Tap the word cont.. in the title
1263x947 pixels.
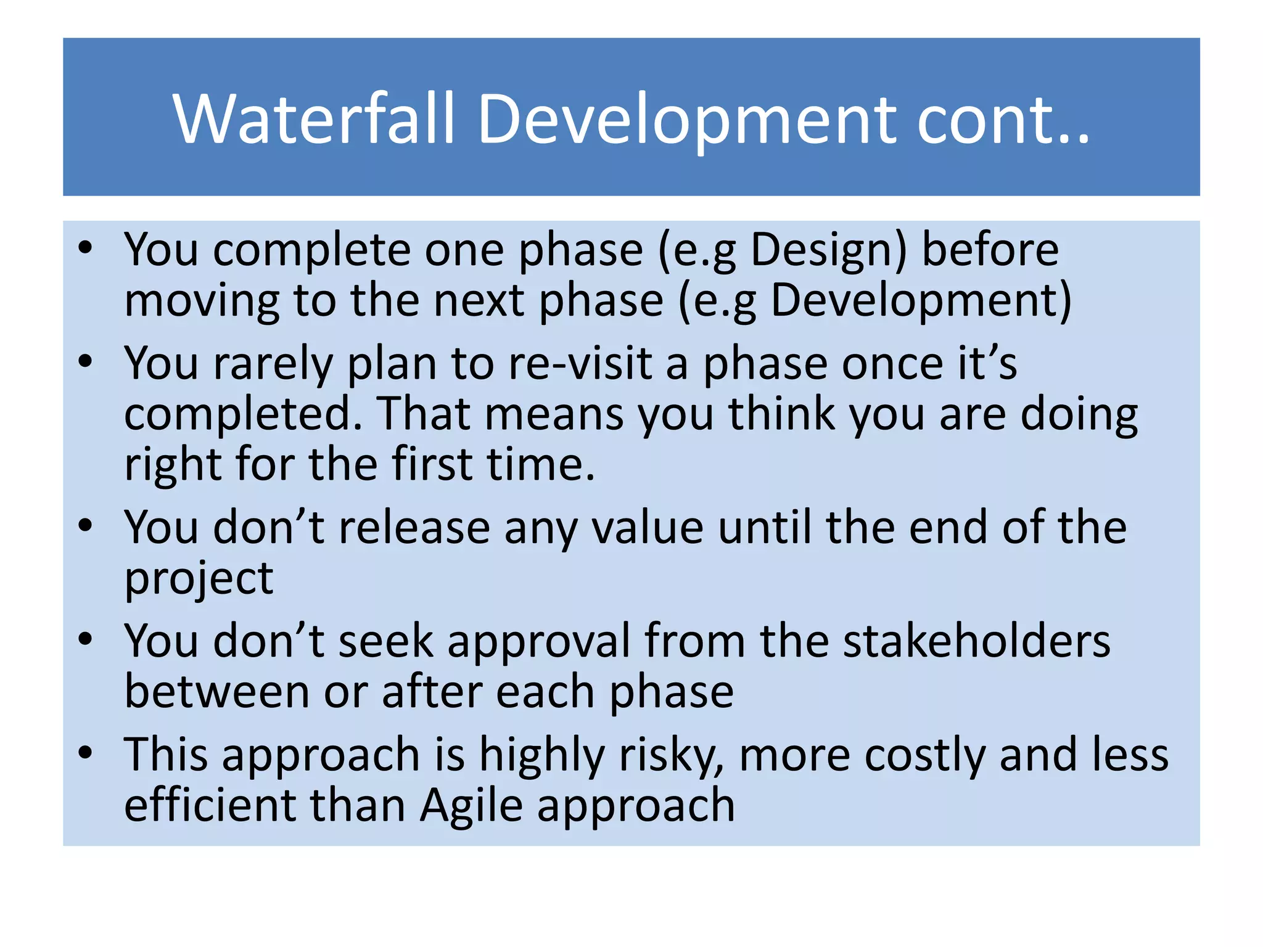[1003, 118]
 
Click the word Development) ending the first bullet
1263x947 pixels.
[921, 301]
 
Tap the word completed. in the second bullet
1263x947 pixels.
[243, 414]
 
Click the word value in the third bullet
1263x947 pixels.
[648, 528]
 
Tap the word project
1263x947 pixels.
[199, 580]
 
